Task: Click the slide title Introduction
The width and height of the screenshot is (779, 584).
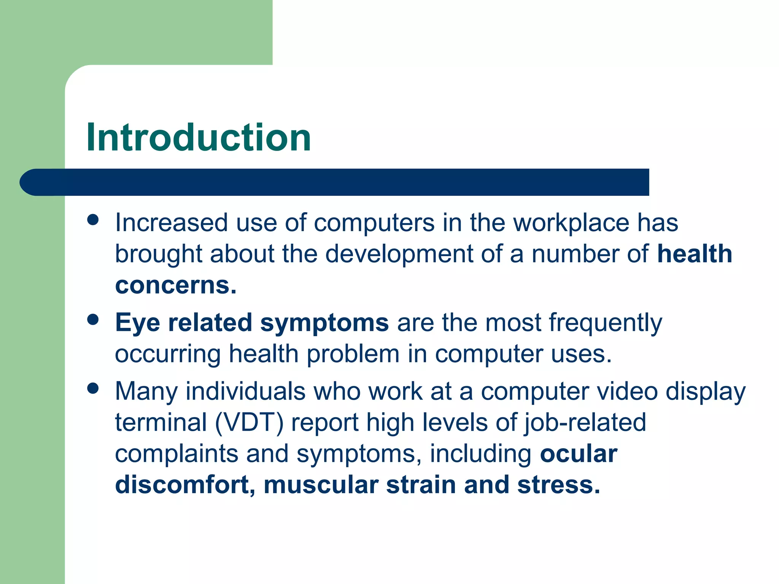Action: point(199,138)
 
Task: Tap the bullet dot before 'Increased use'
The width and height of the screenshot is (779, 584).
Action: point(93,220)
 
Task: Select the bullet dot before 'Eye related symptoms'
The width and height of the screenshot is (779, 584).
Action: point(93,319)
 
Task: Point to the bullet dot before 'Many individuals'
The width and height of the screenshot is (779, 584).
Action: point(93,388)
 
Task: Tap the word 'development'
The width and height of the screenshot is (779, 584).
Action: point(399,254)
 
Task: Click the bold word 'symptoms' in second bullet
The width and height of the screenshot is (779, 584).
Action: point(324,323)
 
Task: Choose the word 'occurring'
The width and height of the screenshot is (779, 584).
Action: point(168,354)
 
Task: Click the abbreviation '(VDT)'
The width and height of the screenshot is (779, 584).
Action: point(249,423)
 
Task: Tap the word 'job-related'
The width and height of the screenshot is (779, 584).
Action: point(585,423)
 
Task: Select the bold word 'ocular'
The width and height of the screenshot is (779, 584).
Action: point(579,454)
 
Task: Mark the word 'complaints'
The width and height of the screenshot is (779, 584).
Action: point(176,454)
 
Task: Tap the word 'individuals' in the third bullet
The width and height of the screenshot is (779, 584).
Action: point(245,392)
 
